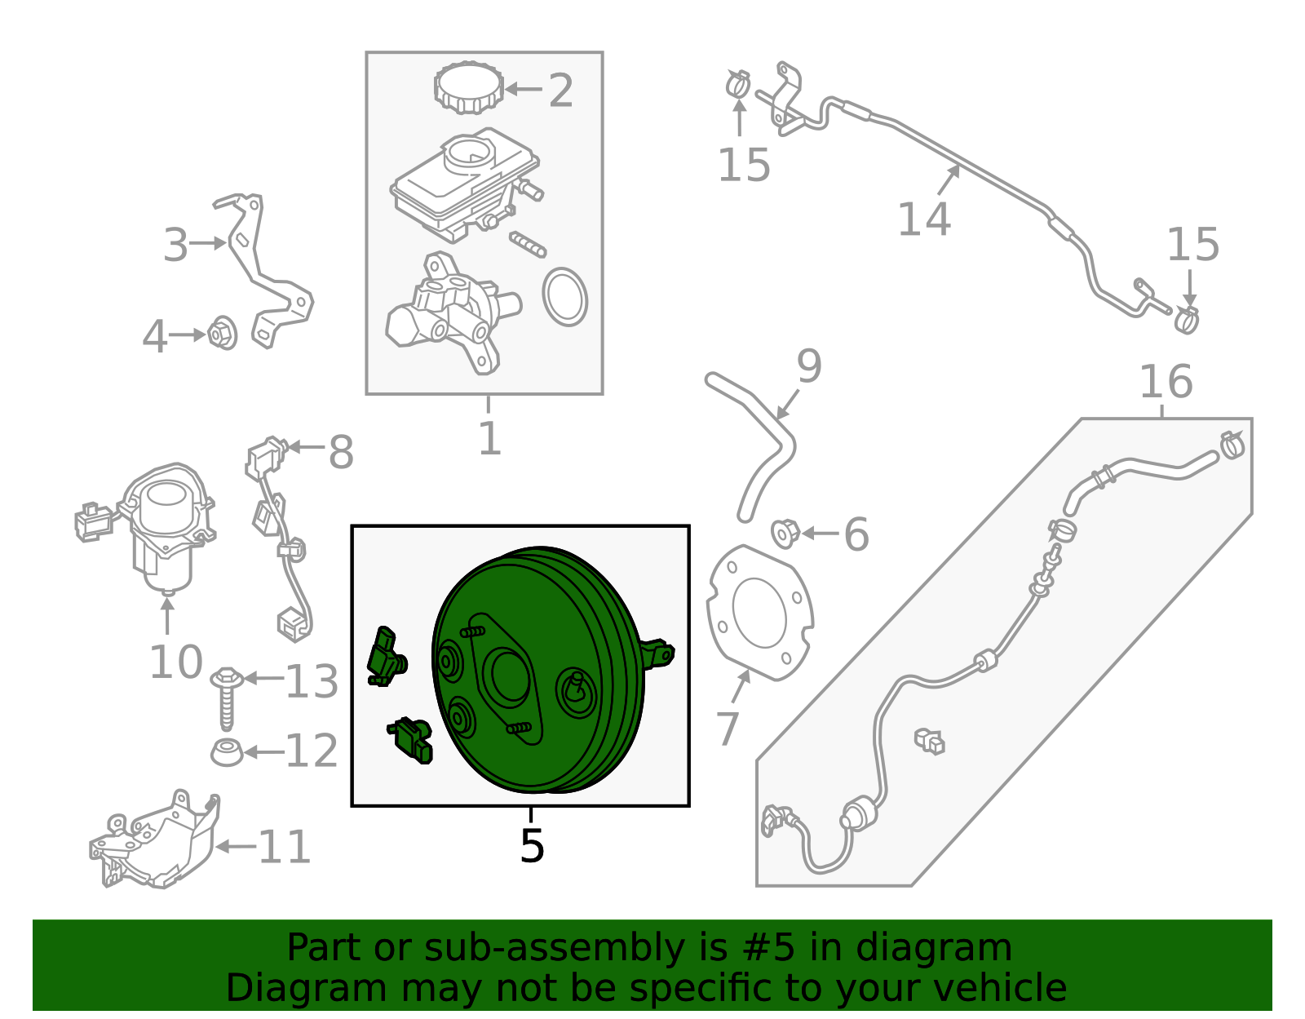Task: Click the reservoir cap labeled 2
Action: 469,87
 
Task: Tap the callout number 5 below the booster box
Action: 531,847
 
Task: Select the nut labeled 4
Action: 222,334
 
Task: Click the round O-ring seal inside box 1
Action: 564,297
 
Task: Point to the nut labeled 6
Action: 785,534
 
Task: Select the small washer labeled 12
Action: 227,751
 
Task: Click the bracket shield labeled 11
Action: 159,840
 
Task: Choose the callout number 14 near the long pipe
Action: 923,219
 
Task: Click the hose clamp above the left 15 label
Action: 738,83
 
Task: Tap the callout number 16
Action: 1166,382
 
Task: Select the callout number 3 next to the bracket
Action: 175,245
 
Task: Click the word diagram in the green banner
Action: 964,949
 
